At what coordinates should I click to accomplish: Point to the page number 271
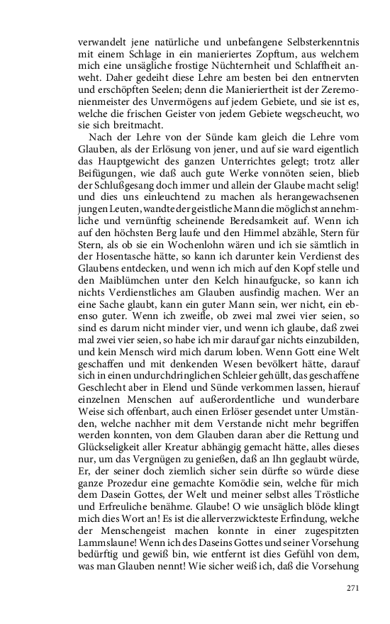tap(352, 588)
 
